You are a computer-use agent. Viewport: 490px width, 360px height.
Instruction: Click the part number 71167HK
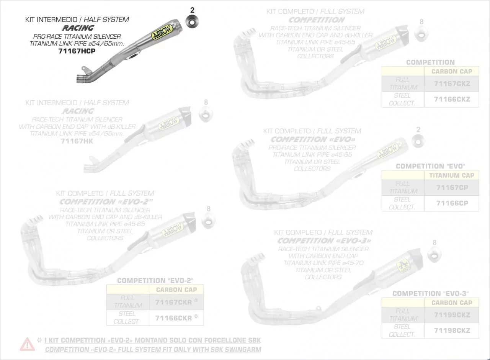(77, 141)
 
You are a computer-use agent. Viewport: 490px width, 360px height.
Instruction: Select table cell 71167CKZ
(452, 84)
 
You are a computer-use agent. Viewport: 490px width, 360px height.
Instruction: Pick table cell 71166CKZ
(452, 100)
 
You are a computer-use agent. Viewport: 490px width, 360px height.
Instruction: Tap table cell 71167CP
(452, 188)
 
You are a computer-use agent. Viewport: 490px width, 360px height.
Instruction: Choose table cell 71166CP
(452, 203)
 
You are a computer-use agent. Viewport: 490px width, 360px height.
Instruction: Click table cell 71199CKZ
(452, 315)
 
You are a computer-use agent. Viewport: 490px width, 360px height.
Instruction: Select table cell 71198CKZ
(452, 331)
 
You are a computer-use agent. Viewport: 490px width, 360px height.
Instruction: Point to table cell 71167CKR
(174, 302)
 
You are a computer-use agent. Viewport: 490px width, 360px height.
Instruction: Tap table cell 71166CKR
(174, 318)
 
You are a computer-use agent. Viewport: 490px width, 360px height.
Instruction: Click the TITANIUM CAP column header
(452, 175)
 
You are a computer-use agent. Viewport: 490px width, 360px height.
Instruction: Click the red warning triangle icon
(27, 344)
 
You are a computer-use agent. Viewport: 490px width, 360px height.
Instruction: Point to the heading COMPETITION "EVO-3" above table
(430, 293)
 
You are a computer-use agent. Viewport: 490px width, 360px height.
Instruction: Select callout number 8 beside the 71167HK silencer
(206, 102)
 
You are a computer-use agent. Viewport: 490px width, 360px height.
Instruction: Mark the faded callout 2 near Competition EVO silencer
(418, 130)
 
